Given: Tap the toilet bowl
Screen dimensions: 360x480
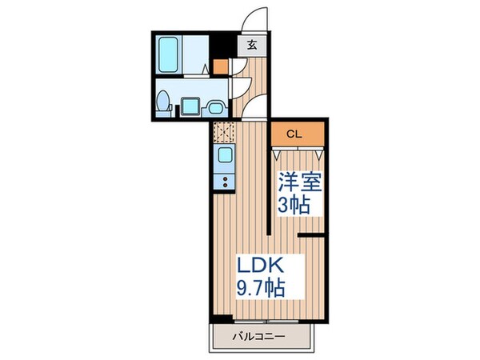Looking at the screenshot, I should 163,102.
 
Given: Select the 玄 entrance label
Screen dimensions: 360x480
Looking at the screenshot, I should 252,46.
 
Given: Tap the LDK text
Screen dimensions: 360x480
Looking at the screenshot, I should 258,265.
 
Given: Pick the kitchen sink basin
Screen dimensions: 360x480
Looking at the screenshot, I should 225,154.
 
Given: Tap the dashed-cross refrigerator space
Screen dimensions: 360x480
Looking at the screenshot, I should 225,130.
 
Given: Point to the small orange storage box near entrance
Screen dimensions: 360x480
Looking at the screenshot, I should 220,67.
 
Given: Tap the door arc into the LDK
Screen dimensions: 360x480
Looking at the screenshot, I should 258,108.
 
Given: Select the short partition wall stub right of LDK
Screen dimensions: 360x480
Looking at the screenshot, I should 312,235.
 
